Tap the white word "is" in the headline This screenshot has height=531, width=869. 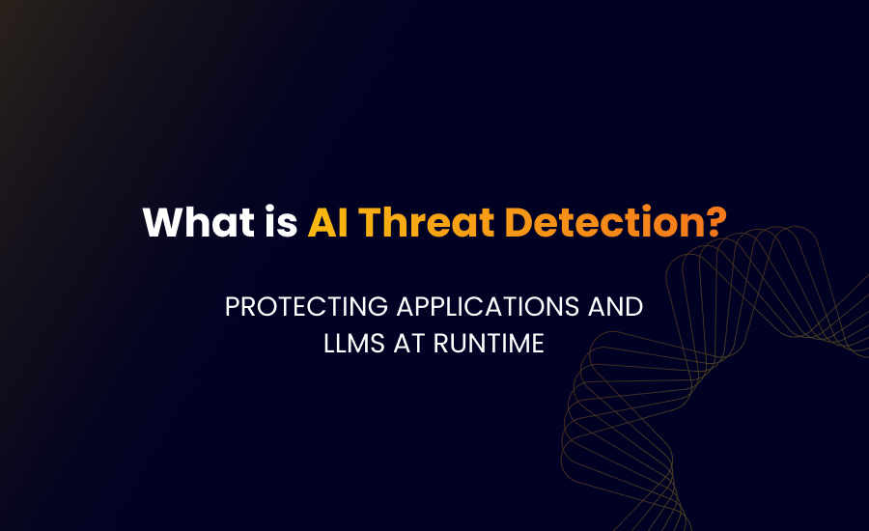click(281, 223)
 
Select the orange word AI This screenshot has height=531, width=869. click(327, 223)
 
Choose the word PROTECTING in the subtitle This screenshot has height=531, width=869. click(301, 307)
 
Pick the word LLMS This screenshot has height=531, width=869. click(352, 344)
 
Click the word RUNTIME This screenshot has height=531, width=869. click(491, 344)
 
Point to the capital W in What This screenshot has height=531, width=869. click(161, 223)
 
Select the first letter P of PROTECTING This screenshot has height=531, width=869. click(232, 307)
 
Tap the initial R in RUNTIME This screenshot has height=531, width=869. click(443, 344)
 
